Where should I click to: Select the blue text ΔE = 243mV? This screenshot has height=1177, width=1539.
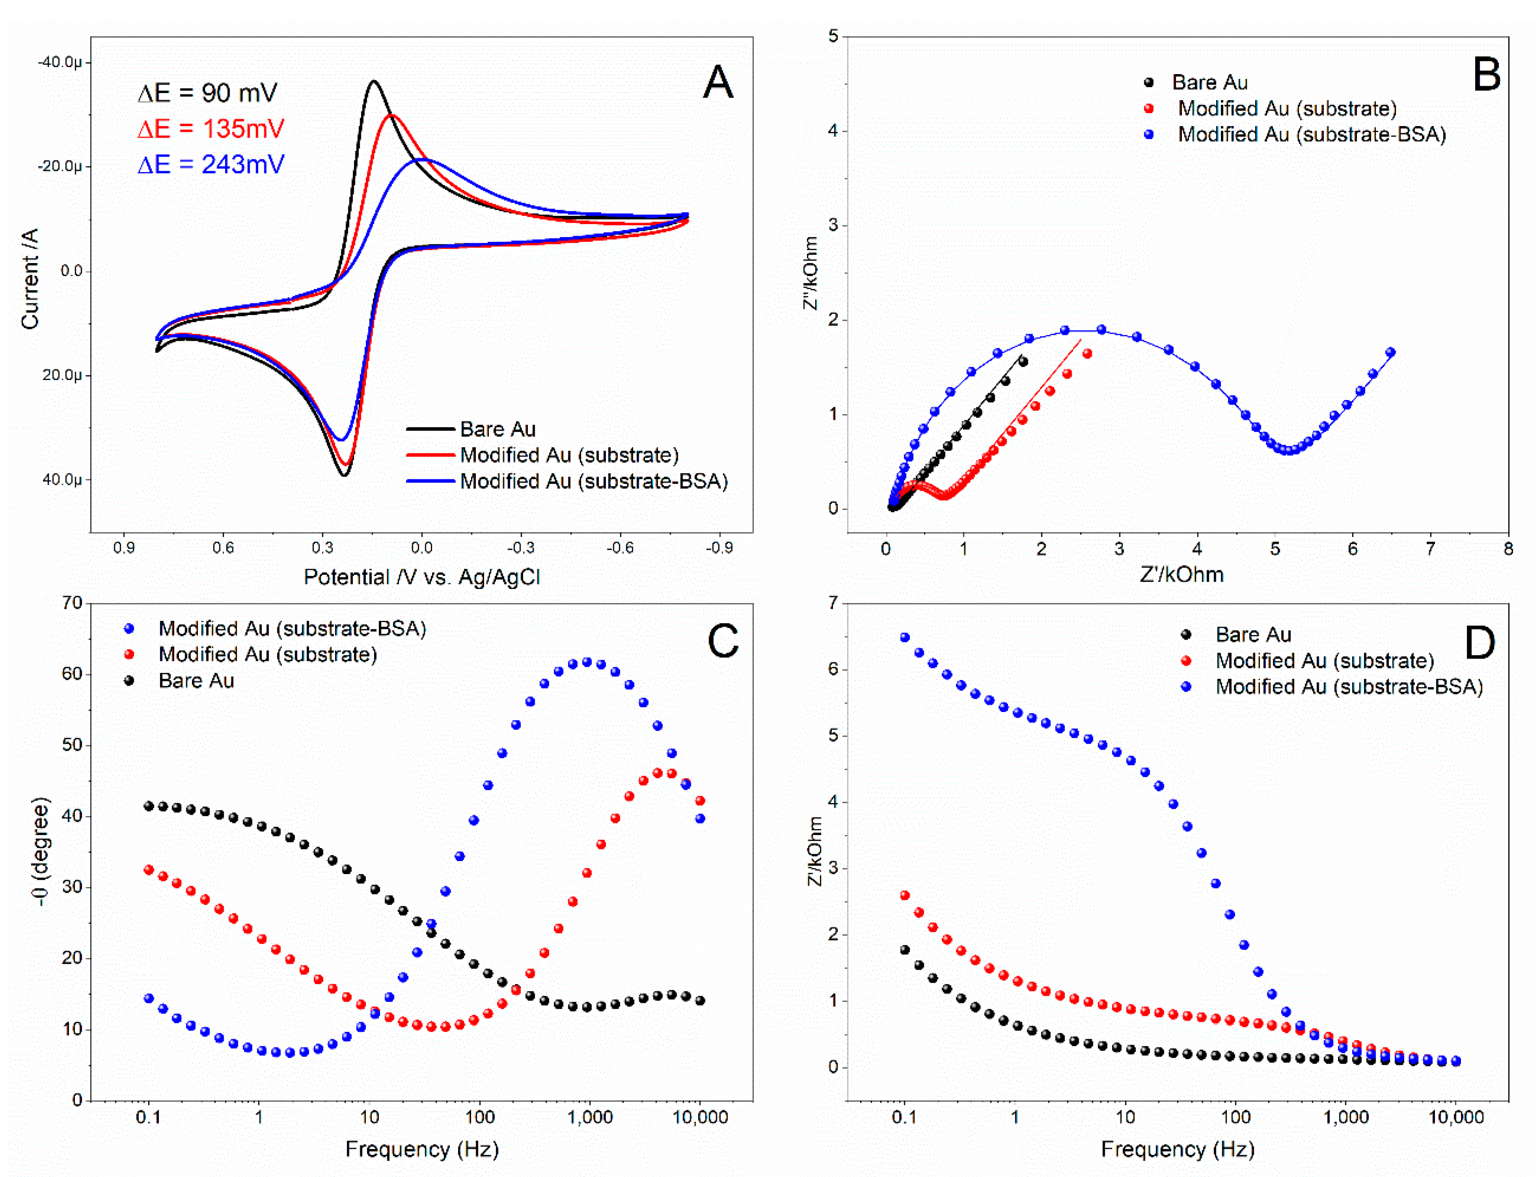pyautogui.click(x=211, y=165)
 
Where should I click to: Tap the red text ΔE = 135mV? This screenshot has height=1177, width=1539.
pyautogui.click(x=211, y=129)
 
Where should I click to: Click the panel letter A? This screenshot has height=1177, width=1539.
pyautogui.click(x=718, y=83)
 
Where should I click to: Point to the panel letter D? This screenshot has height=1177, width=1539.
pyautogui.click(x=1480, y=642)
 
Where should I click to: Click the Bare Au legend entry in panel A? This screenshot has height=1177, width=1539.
pyautogui.click(x=498, y=429)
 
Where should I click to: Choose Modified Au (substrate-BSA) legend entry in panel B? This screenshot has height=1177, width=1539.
pyautogui.click(x=1311, y=134)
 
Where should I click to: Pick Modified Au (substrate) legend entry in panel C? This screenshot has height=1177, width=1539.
pyautogui.click(x=267, y=654)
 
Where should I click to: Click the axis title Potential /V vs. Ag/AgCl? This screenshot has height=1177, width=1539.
pyautogui.click(x=422, y=577)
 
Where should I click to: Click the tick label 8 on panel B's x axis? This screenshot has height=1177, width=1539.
pyautogui.click(x=1508, y=549)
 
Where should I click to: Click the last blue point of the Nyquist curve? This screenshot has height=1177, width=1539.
pyautogui.click(x=1390, y=352)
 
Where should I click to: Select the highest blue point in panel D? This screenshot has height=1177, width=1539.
pyautogui.click(x=905, y=637)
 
